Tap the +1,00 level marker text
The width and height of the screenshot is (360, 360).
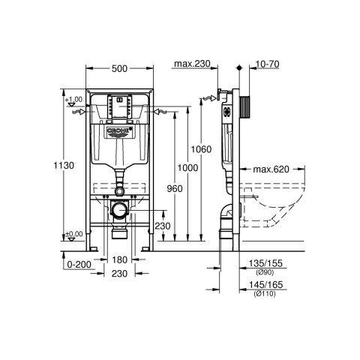[73, 100]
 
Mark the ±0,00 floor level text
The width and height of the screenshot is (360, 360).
[73, 234]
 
